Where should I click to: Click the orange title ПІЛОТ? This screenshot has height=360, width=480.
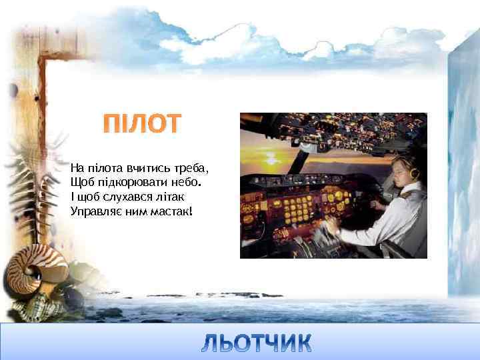tap(141, 125)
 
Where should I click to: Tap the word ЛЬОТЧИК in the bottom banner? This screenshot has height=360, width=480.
tap(256, 343)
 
